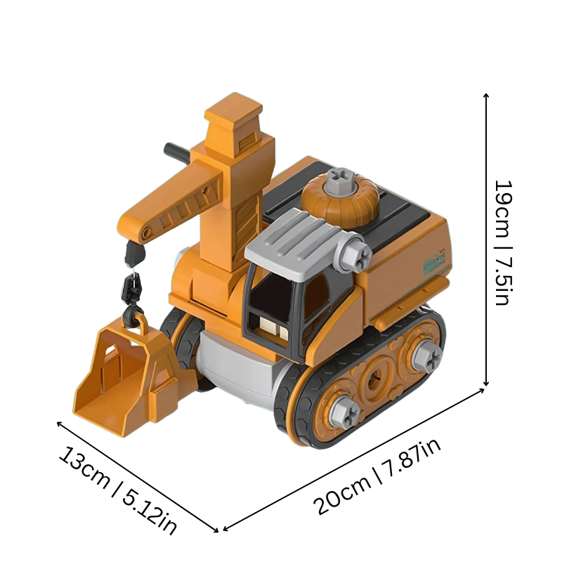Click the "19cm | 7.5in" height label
point(505,242)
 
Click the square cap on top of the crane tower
point(233,112)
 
